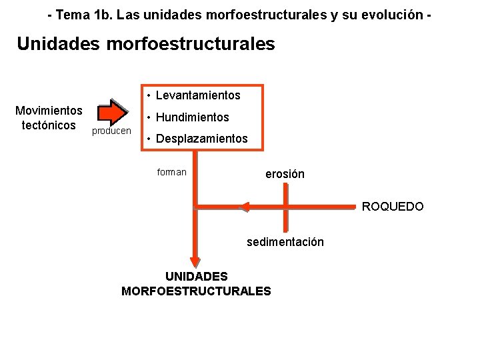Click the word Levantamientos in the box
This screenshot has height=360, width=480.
click(x=198, y=95)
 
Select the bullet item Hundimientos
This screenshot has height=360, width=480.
click(x=193, y=117)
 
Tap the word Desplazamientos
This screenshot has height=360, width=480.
click(x=201, y=139)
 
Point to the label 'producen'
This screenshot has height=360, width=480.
click(x=111, y=131)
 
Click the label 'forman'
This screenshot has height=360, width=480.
click(x=171, y=172)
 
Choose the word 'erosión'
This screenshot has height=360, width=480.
click(x=285, y=174)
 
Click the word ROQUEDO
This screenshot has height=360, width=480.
click(x=393, y=207)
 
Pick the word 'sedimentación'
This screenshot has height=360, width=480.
click(x=285, y=242)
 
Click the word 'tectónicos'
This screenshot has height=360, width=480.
click(x=49, y=125)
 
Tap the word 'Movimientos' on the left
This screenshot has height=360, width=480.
click(x=49, y=111)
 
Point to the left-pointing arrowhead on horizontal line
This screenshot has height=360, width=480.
click(x=245, y=207)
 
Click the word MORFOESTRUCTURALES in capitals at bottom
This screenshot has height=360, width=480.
click(x=196, y=291)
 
